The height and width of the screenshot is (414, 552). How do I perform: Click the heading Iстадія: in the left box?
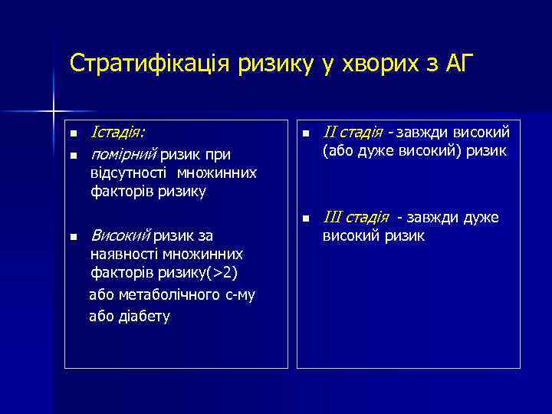119,133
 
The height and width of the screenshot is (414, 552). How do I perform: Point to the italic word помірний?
123,155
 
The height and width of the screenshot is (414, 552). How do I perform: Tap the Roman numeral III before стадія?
332,218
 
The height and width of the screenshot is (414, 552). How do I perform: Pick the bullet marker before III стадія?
306,219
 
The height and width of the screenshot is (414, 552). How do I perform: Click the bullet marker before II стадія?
306,134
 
